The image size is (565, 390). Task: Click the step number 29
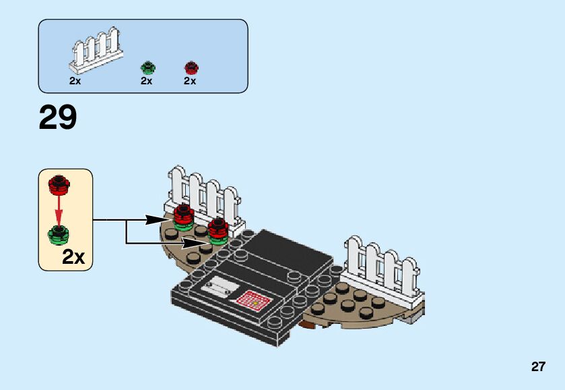58,118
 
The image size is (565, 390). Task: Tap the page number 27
537,367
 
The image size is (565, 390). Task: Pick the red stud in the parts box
191,67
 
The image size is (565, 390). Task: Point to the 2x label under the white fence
75,81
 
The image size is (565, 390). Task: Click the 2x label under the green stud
147,81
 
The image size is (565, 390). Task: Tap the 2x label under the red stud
190,81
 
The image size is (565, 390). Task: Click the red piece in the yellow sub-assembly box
59,184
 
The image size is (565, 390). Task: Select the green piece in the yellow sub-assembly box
59,234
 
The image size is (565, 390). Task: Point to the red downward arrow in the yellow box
59,209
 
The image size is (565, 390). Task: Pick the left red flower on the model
183,215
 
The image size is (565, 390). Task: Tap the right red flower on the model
218,227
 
